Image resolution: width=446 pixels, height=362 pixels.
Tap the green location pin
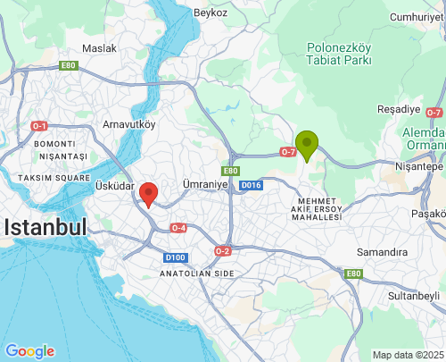coord(307,143)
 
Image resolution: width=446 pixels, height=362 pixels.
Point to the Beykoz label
coord(210,13)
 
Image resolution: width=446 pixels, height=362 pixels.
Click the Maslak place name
coord(99,47)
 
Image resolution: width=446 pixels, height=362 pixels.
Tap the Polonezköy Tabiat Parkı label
coord(338,54)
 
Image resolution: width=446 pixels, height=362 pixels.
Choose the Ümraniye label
coord(205,183)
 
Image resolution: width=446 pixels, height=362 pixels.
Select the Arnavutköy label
coord(129,124)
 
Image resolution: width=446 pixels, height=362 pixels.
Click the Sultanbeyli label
coord(415,294)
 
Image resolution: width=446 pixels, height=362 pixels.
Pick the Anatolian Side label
coord(197,273)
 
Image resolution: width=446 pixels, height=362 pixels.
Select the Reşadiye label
coord(398,107)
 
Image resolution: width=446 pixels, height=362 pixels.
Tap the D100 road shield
coord(175,257)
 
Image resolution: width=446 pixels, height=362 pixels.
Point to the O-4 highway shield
coord(178,227)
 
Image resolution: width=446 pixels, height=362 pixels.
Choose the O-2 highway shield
coord(222,251)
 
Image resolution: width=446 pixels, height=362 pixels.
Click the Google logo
coord(29,351)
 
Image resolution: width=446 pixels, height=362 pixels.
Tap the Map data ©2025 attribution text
coord(406,355)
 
